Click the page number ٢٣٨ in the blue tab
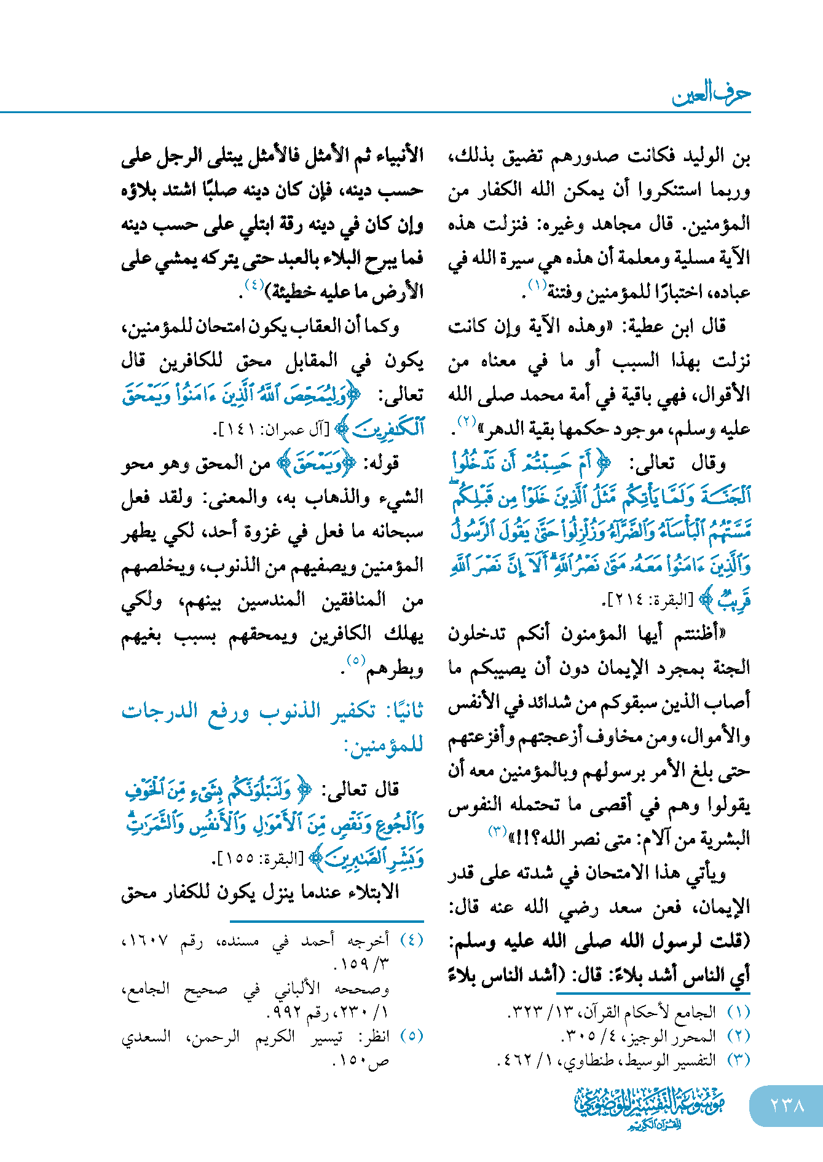point(787,1105)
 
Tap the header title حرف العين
point(711,94)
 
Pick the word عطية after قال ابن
point(645,326)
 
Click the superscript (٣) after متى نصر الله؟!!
point(497,832)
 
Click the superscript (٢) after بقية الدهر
point(466,421)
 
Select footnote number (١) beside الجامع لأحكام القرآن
point(738,1012)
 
